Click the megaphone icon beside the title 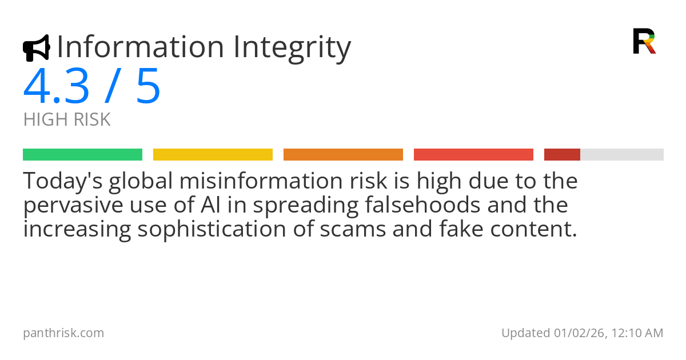[36, 48]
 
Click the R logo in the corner [644, 41]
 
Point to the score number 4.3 [57, 87]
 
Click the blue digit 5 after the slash [148, 87]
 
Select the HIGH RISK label [67, 120]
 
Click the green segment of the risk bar [82, 155]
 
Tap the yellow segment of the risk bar [213, 155]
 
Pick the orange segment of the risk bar [343, 155]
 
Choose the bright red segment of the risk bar [473, 155]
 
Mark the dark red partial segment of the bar [562, 155]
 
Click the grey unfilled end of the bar [622, 155]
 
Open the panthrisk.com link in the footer [63, 333]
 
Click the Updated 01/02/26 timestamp [582, 333]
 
